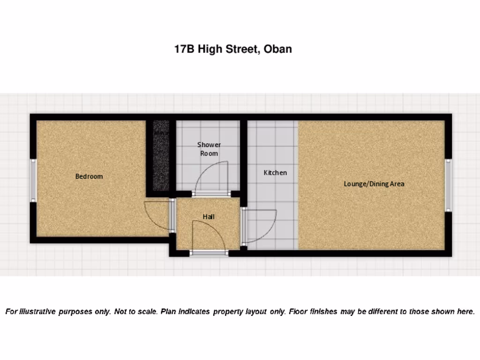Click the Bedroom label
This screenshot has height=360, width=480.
89,176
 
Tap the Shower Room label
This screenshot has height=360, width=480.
209,149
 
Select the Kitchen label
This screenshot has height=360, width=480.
275,172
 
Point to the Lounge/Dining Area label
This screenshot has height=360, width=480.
374,184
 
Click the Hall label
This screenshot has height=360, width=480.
209,217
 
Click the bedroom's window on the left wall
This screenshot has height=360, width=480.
33,180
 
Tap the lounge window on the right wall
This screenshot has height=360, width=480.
448,185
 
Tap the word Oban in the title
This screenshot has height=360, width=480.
278,49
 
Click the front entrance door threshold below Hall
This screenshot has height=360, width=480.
209,253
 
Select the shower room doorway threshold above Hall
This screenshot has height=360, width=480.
211,194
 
